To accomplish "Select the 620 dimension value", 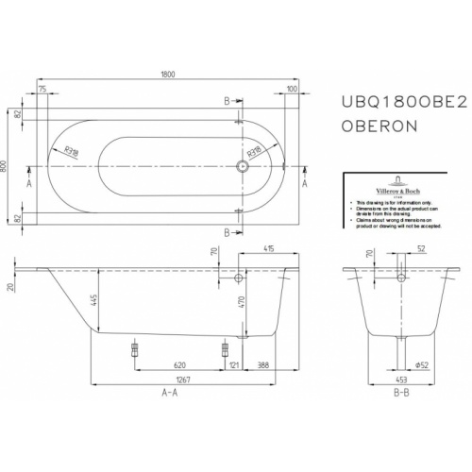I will pos(179,364).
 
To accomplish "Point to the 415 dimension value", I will pos(270,248).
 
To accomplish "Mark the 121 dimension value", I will pos(232,364).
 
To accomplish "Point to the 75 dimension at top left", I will pos(42,89).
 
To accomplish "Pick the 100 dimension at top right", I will pos(292,89).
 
